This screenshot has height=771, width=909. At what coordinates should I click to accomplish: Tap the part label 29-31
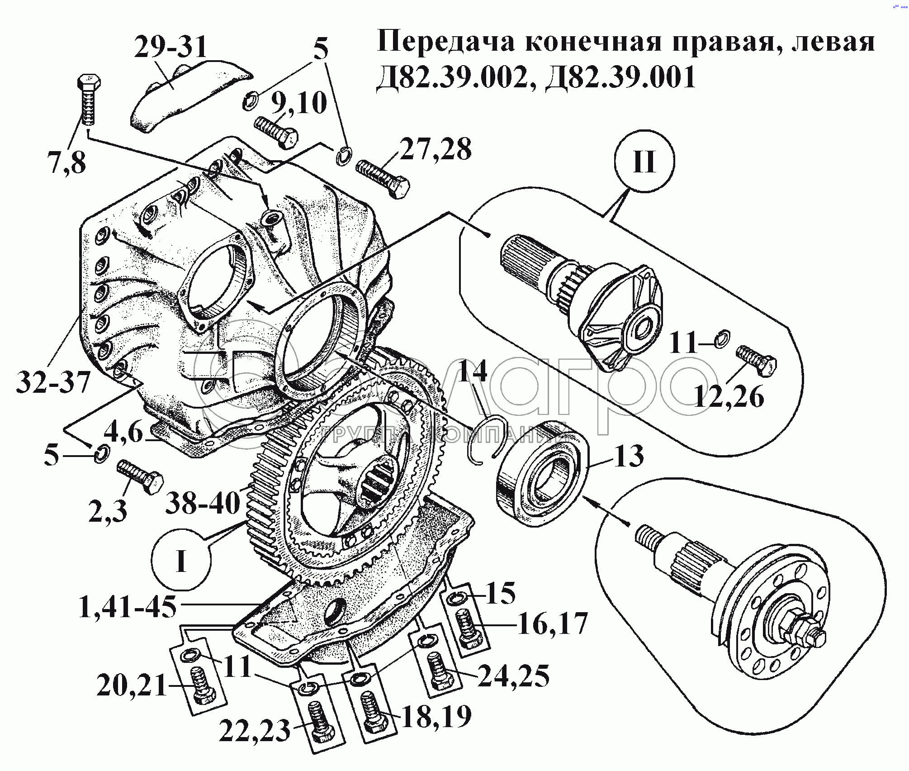pos(170,48)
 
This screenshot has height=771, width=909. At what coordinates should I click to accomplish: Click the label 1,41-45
pos(128,607)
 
